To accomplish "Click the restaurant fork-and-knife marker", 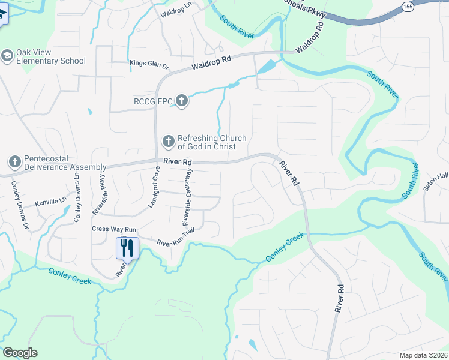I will point(127,247).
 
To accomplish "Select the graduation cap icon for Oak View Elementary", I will point(8,56).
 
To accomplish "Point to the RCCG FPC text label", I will point(153,101).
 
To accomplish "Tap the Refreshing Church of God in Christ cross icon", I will point(169,142).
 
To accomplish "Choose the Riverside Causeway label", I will point(187,196).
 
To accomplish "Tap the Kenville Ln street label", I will point(50,202).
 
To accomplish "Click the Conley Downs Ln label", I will point(76,196).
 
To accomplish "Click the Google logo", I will point(20,353).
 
